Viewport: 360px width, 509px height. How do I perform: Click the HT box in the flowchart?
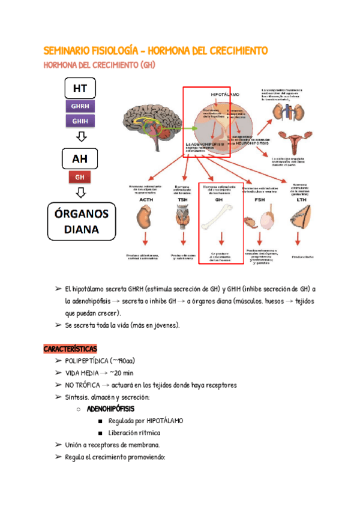[x=80, y=89]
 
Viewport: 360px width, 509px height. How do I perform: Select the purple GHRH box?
[x=80, y=106]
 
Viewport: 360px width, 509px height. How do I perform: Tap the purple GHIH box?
[x=80, y=121]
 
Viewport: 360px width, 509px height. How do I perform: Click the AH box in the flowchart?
[x=80, y=160]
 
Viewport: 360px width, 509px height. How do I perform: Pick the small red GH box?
[x=80, y=177]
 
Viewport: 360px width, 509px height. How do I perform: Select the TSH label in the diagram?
[x=182, y=197]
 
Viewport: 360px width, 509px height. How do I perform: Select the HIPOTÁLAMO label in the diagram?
[x=225, y=95]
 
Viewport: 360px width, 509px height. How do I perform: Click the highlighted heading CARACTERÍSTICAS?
[x=70, y=349]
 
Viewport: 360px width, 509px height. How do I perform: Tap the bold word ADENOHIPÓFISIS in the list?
[x=112, y=409]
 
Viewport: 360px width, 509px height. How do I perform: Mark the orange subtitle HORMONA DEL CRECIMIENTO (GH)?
[x=100, y=65]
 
